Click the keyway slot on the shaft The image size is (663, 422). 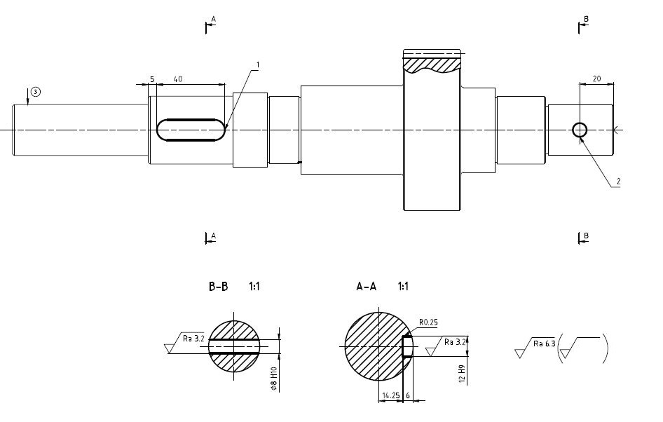tap(191, 130)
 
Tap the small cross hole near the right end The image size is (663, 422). tap(580, 130)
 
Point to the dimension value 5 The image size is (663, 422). tap(152, 79)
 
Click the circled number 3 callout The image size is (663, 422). tap(36, 91)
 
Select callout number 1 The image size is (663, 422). tap(258, 64)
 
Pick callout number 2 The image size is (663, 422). tap(618, 182)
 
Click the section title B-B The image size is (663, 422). tap(218, 287)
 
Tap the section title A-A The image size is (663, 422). tap(366, 287)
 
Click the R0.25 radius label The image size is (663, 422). tap(428, 322)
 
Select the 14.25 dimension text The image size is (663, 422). tap(390, 396)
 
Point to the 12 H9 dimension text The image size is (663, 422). tap(462, 374)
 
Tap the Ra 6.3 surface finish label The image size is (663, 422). tap(544, 343)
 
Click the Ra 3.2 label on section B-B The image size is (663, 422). tap(193, 338)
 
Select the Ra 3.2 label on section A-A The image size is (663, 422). tap(454, 342)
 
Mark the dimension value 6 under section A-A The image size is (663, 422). tap(409, 396)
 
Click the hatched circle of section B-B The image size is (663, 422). tap(234, 329)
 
